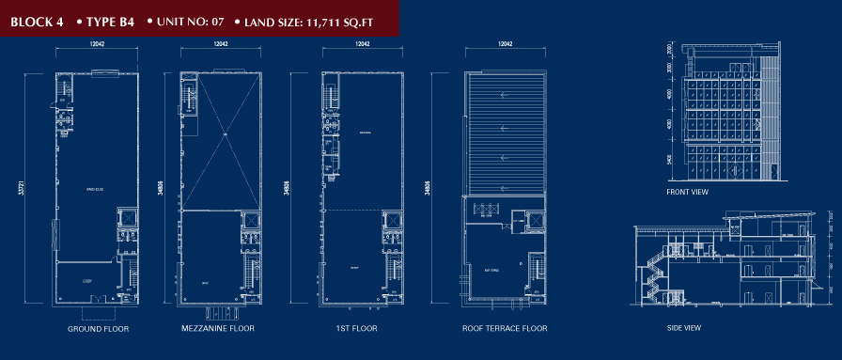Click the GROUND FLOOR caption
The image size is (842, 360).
(x=98, y=329)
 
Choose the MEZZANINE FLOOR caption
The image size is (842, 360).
(x=218, y=329)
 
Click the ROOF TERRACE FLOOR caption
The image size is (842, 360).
(x=505, y=329)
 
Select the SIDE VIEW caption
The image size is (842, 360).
(x=685, y=327)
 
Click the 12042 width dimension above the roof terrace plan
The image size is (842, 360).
(x=505, y=44)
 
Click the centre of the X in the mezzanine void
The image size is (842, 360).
(x=226, y=138)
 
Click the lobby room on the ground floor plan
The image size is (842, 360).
(x=87, y=280)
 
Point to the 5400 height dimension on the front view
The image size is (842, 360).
(x=670, y=160)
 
